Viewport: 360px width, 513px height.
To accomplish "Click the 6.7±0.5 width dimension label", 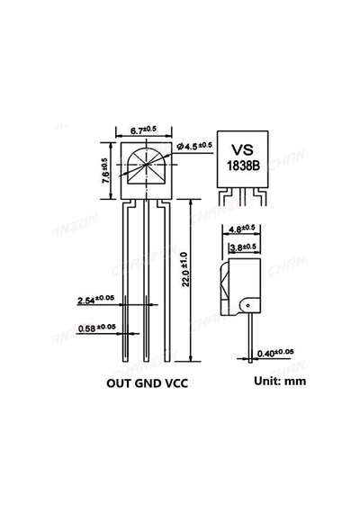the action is click(x=143, y=130).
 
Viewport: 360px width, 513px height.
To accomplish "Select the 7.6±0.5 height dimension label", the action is click(x=105, y=170).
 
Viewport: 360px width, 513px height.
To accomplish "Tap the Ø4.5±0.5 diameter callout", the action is click(x=194, y=146).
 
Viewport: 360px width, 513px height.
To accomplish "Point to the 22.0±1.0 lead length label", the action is click(x=185, y=269).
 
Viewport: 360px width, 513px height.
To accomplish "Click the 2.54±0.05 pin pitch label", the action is click(x=95, y=300).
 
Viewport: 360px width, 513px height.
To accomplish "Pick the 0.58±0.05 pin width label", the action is click(x=97, y=328).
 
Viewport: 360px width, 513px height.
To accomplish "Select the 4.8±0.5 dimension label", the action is click(x=241, y=229).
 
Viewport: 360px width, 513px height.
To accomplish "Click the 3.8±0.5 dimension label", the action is click(x=243, y=247).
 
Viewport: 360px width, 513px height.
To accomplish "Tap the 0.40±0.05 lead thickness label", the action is click(x=275, y=353).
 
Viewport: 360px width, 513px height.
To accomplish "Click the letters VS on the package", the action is click(x=242, y=149).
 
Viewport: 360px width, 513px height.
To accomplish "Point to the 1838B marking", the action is click(x=244, y=166).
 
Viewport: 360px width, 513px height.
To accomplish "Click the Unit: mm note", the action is click(x=280, y=381).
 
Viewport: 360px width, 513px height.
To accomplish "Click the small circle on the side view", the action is click(x=247, y=306).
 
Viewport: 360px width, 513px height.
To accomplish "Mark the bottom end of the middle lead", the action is click(x=147, y=362).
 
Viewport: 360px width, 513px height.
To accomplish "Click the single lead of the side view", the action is click(x=250, y=337).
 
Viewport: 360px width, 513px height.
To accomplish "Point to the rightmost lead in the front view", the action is click(x=166, y=282).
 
